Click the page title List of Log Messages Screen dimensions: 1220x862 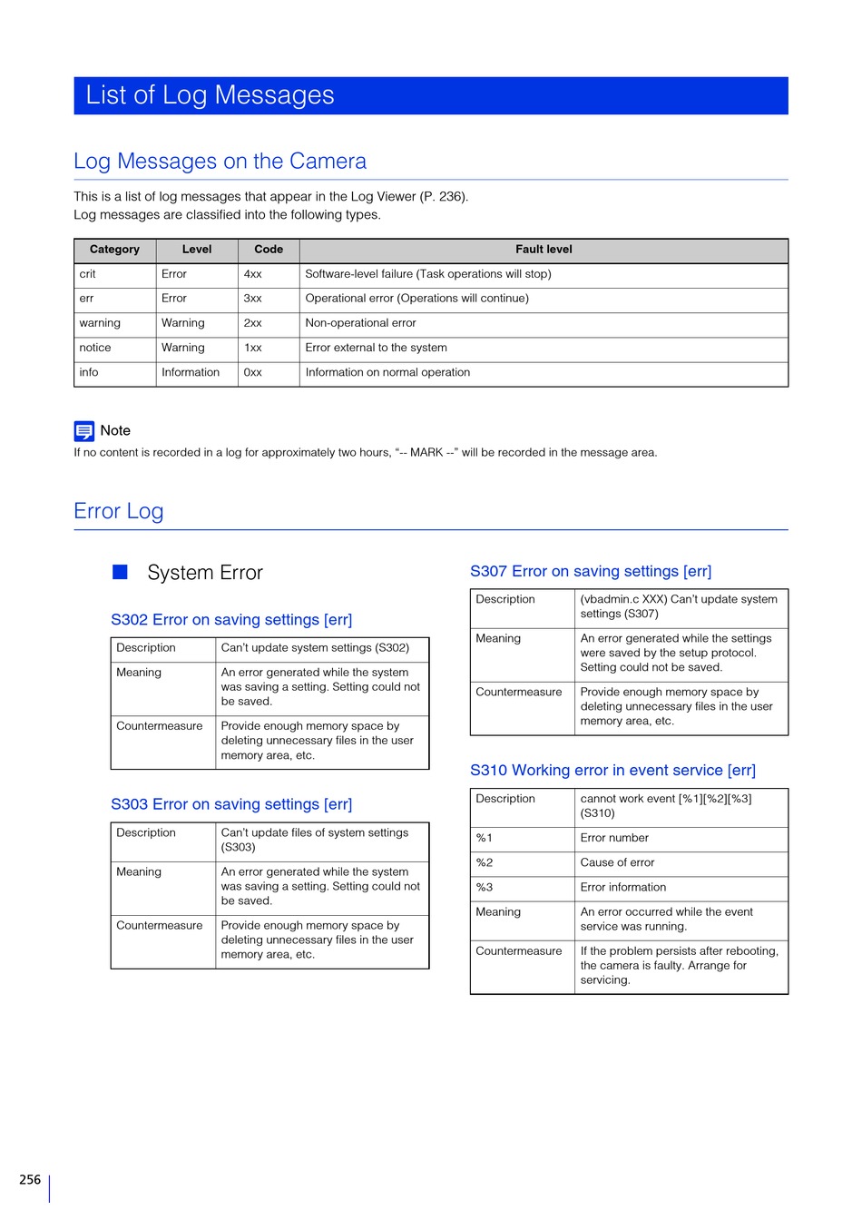tap(210, 95)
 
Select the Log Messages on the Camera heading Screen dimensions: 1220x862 tap(220, 162)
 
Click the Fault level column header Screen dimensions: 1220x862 tap(544, 250)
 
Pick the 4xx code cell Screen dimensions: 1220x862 tap(253, 274)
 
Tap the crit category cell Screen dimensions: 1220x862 tap(88, 274)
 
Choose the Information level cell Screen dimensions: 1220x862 tap(191, 372)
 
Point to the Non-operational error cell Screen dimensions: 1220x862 tap(361, 323)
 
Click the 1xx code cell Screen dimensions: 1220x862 tap(253, 348)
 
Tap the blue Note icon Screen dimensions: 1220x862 tap(84, 431)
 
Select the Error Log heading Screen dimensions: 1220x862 tap(119, 511)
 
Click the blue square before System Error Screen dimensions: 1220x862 tap(120, 572)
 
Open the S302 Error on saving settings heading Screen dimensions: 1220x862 tap(231, 620)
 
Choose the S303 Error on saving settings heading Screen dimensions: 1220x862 tap(231, 804)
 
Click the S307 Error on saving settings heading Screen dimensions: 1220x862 tap(591, 572)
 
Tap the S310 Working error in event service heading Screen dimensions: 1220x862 tap(612, 771)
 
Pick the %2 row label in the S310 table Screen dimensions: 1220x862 tap(485, 863)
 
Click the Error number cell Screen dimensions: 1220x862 tap(614, 839)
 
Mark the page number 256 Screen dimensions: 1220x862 tap(30, 1180)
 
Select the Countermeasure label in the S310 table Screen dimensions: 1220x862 tap(519, 951)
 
